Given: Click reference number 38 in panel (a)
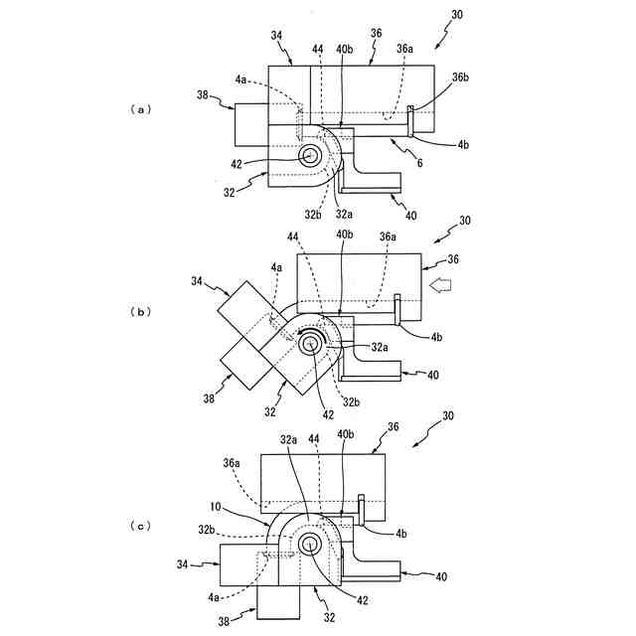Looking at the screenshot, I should (x=203, y=97).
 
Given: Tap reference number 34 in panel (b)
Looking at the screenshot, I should (x=197, y=281).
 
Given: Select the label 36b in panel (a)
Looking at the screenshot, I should (x=459, y=76).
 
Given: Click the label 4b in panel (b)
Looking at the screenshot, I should (x=437, y=338).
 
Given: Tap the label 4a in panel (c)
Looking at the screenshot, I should (x=216, y=597).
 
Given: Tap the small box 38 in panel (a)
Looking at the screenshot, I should (x=251, y=123).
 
